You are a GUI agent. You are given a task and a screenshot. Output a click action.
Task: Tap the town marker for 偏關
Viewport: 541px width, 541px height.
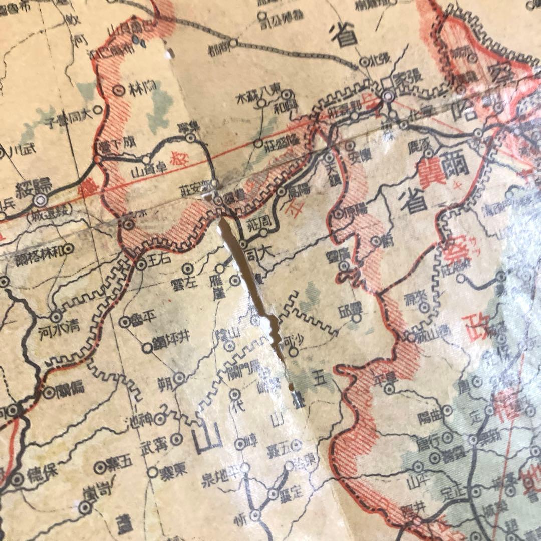coord(49,393)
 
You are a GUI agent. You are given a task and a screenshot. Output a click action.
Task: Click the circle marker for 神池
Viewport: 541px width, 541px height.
coord(160,419)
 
